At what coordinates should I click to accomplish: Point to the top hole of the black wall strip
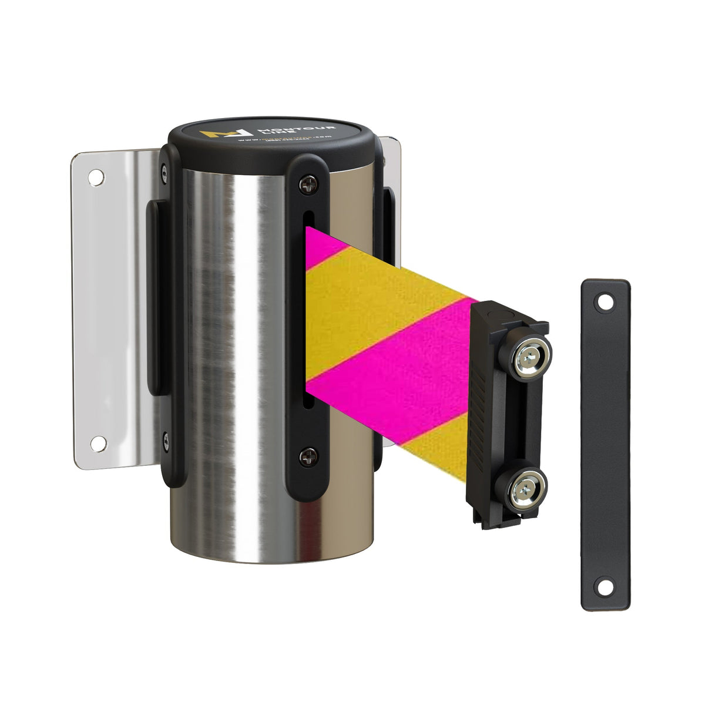tap(603, 303)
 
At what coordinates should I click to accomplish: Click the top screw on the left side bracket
tap(164, 172)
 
